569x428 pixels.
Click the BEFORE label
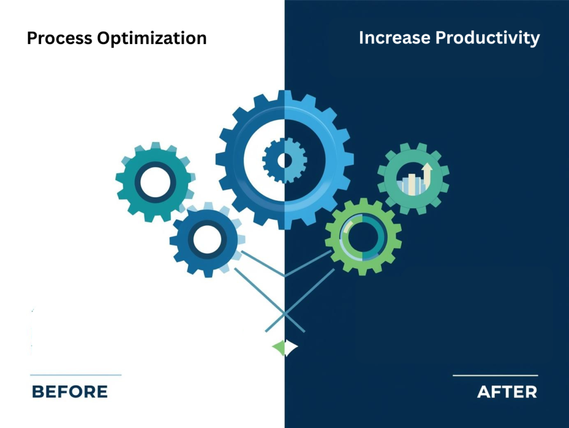(x=69, y=392)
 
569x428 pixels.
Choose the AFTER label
(x=507, y=392)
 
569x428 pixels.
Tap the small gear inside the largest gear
(x=284, y=161)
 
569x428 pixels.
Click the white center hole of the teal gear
(x=155, y=182)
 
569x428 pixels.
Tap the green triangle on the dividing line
(x=278, y=348)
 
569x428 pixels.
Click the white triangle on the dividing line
(x=291, y=348)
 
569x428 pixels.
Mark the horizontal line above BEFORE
(x=76, y=375)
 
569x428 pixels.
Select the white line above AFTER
(x=495, y=376)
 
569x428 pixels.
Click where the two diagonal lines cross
(x=284, y=316)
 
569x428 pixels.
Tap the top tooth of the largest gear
(x=284, y=95)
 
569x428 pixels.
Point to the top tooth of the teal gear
(x=156, y=146)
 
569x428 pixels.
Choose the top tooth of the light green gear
(x=363, y=201)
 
